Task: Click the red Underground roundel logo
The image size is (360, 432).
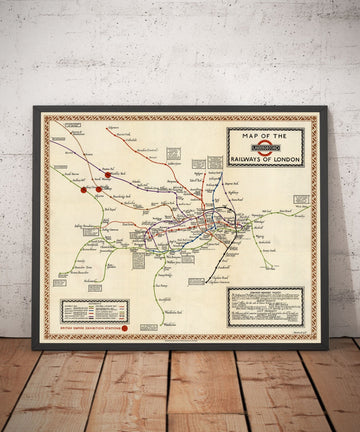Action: click(265, 144)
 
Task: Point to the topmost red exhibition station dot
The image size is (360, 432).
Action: click(107, 176)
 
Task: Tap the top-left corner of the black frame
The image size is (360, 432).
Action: click(33, 107)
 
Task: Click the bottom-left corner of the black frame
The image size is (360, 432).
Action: click(33, 348)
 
